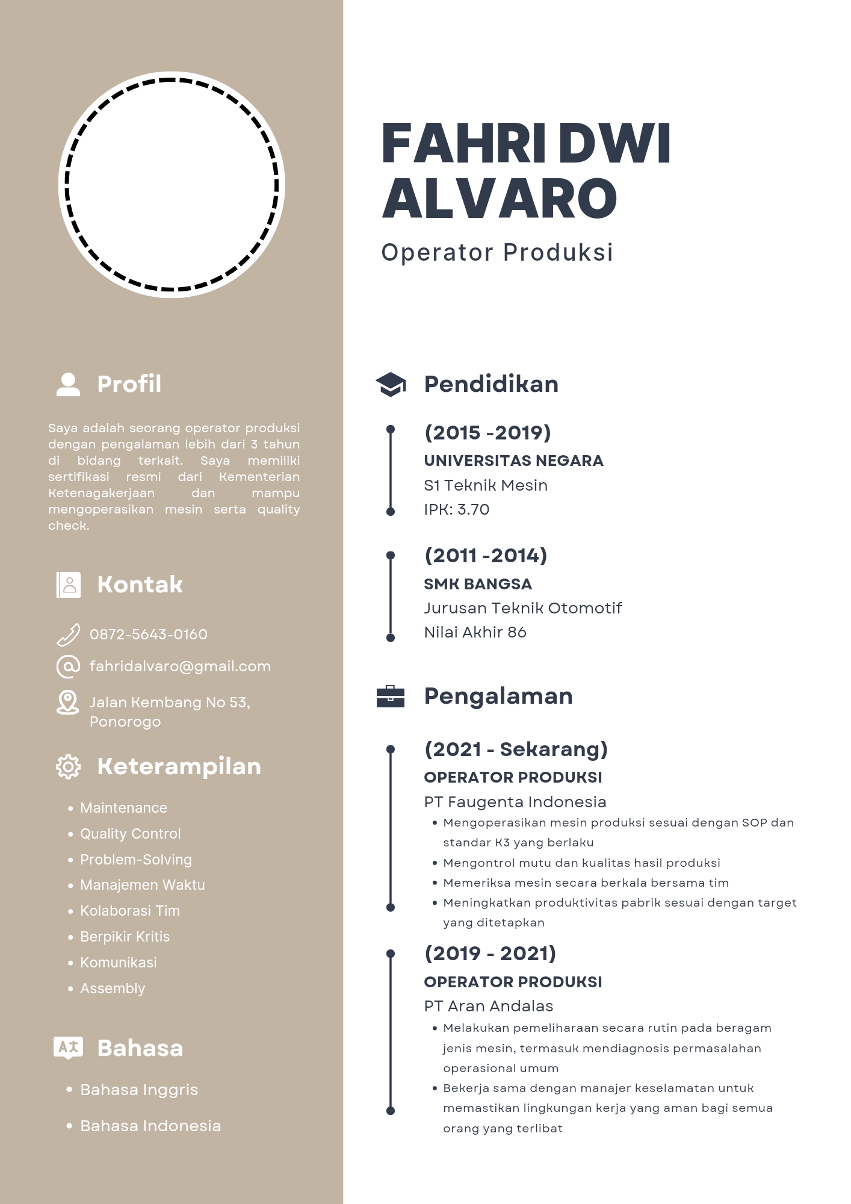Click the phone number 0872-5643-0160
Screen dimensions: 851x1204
click(x=148, y=635)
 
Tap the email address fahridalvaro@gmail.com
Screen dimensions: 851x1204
click(x=180, y=666)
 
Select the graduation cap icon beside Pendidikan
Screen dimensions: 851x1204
click(x=391, y=384)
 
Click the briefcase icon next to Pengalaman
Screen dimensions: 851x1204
click(x=391, y=696)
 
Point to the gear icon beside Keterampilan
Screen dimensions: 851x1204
click(x=68, y=767)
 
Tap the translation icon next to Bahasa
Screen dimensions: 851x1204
click(x=68, y=1047)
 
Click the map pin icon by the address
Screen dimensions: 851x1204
click(x=67, y=703)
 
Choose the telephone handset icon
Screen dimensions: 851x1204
click(x=68, y=635)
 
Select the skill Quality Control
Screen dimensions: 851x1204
click(x=130, y=834)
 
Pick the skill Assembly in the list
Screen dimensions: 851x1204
click(x=113, y=988)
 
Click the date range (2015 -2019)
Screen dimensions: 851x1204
click(x=487, y=433)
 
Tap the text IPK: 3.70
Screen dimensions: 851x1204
click(x=456, y=510)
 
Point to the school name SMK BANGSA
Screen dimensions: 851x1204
click(x=478, y=584)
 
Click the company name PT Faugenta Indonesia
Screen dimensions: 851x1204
click(x=515, y=802)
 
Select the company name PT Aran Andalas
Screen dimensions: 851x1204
click(x=489, y=1006)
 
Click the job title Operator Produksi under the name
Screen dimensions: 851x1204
click(x=497, y=252)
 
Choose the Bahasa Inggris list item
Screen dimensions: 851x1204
click(x=139, y=1090)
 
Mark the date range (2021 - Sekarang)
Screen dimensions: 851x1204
click(x=516, y=749)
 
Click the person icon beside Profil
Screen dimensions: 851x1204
click(x=68, y=384)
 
